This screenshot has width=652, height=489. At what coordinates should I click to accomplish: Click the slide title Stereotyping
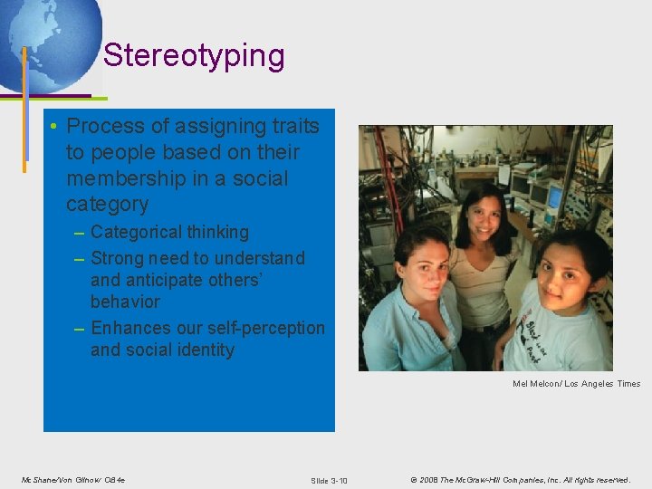(194, 56)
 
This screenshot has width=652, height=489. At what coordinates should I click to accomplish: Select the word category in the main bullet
(107, 204)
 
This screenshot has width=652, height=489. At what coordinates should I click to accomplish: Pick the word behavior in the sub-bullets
(125, 302)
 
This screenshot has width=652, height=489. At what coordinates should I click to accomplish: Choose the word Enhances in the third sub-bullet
(129, 327)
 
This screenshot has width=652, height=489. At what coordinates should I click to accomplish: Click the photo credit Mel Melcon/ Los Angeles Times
(576, 384)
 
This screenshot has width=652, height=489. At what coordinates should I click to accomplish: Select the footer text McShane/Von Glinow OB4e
(73, 479)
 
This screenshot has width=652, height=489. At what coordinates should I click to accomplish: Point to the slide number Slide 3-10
(329, 480)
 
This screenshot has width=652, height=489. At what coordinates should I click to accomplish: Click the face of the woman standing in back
(485, 216)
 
